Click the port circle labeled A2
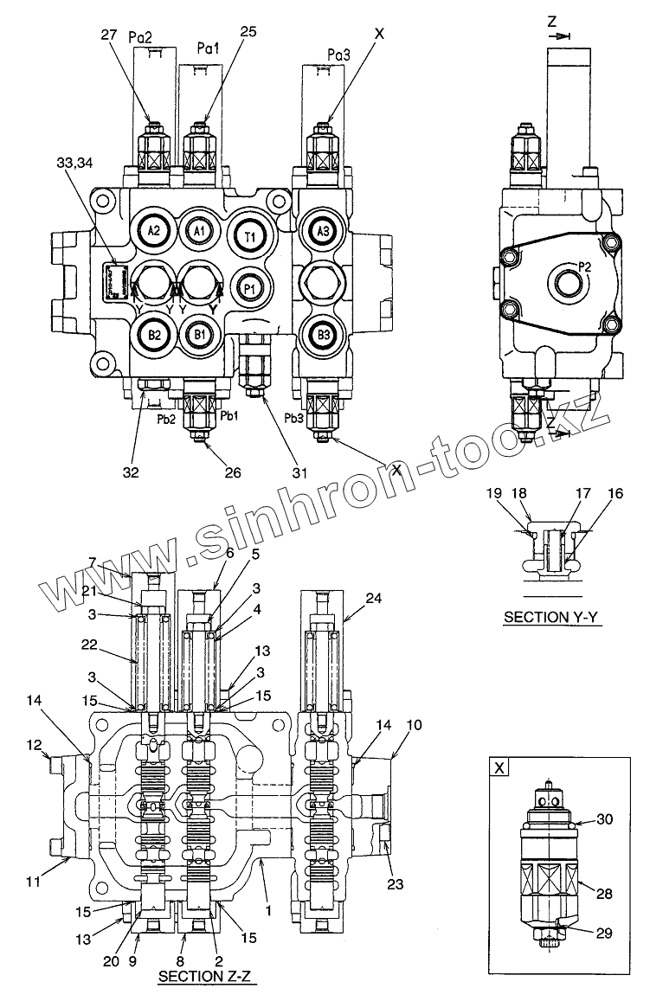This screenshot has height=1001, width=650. point(154,230)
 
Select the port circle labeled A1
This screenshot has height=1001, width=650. point(198,231)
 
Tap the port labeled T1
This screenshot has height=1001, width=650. point(249,235)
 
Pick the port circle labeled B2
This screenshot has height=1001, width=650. point(154,334)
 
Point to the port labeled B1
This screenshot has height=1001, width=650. point(199,334)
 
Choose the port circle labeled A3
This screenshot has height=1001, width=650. point(323,231)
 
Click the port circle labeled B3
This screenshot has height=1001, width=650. point(323,334)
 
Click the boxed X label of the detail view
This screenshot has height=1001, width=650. point(499,767)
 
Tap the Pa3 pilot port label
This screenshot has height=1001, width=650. point(339,55)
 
